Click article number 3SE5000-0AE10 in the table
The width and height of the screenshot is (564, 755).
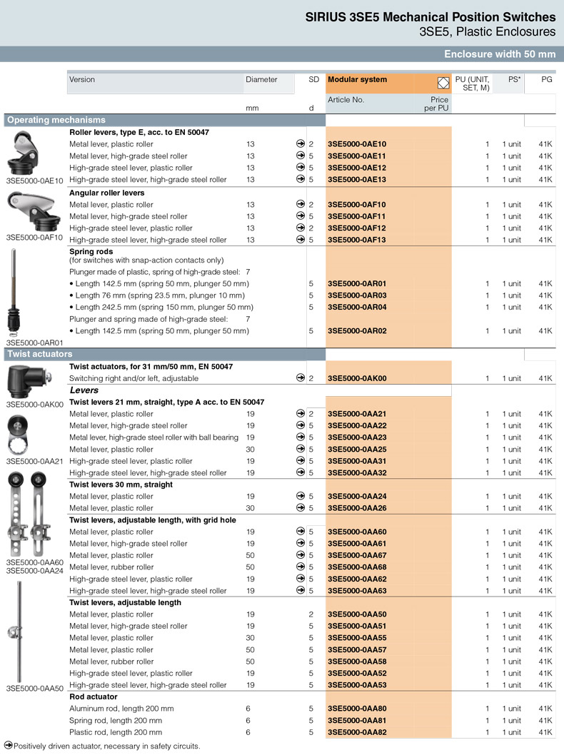click(x=357, y=144)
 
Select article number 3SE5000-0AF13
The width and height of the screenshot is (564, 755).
click(x=357, y=240)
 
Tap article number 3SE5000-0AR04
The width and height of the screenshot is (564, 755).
click(x=357, y=308)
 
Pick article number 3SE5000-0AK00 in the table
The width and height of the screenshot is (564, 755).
click(x=357, y=378)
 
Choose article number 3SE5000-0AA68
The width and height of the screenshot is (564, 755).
click(x=357, y=567)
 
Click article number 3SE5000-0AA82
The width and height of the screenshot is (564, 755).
click(x=357, y=732)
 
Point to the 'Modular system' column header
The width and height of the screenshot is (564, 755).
click(x=357, y=80)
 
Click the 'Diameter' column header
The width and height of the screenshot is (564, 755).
click(x=261, y=80)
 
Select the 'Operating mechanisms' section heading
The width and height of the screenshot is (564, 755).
click(x=56, y=120)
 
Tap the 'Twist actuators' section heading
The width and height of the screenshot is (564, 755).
click(x=40, y=353)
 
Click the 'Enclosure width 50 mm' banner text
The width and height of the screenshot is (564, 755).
click(x=499, y=54)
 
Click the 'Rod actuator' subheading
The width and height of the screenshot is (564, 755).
click(x=94, y=696)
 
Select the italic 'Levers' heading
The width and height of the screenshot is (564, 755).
click(x=84, y=390)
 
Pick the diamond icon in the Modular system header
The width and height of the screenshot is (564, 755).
click(x=442, y=81)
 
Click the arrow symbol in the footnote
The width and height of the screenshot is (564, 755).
click(x=9, y=746)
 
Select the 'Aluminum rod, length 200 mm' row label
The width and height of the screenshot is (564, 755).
click(x=121, y=709)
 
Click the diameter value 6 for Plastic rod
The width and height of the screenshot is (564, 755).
click(x=248, y=732)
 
